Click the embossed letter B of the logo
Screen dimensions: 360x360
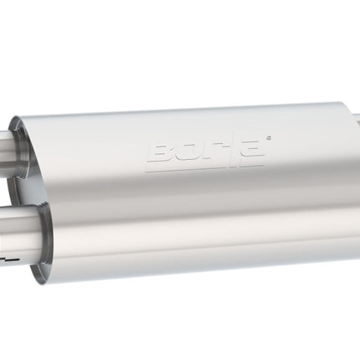point(161,152)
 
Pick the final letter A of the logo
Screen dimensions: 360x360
point(250,151)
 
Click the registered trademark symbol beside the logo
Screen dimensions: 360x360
point(269,137)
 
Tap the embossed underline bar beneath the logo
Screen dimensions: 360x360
point(203,168)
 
